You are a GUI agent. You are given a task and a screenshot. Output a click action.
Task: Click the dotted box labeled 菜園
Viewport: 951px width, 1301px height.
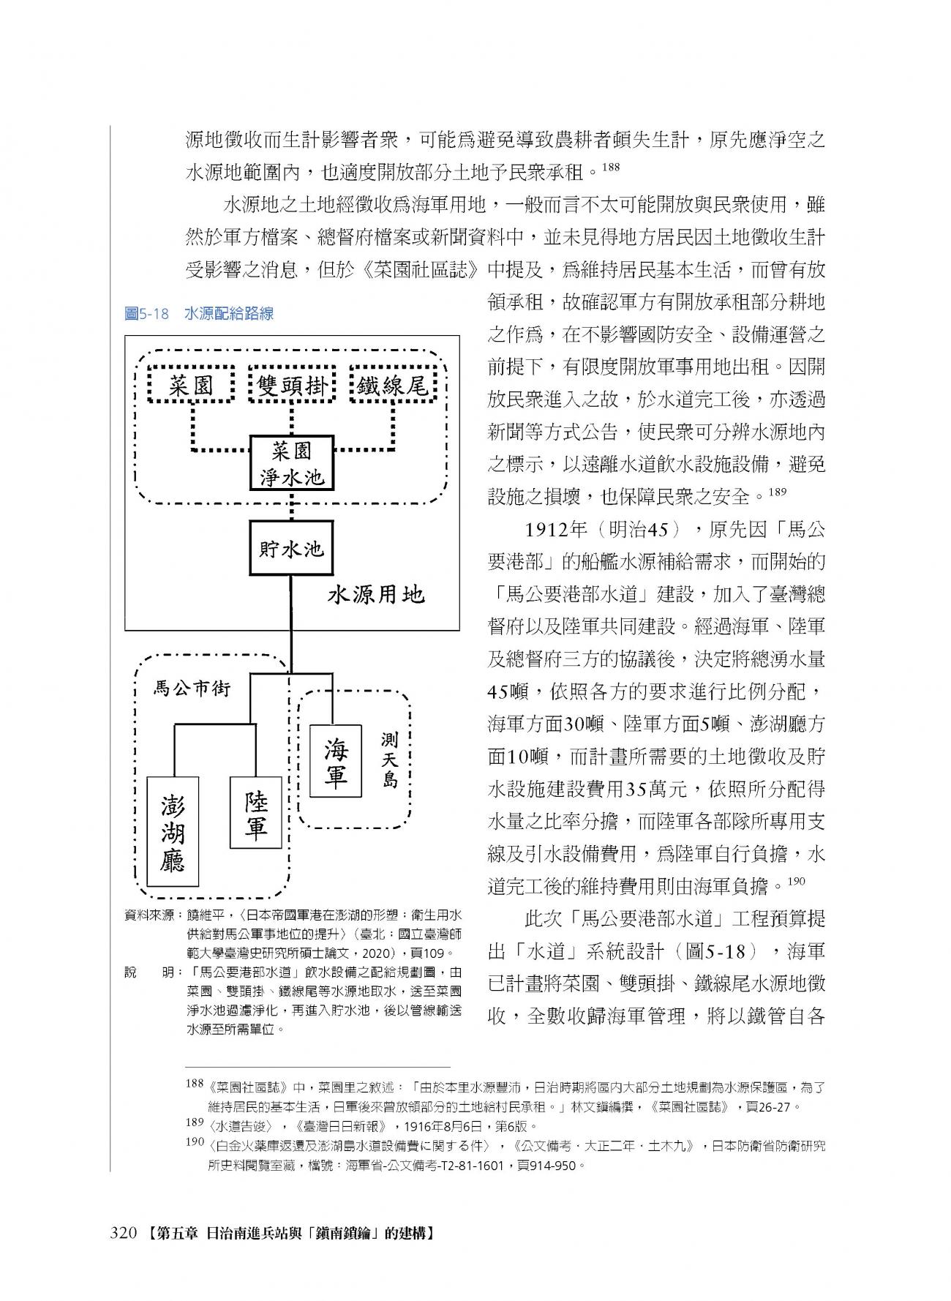point(190,384)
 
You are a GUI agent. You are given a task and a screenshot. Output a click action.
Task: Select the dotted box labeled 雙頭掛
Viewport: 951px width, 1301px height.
point(292,384)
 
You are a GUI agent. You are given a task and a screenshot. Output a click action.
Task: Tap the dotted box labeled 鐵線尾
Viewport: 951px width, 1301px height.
point(394,384)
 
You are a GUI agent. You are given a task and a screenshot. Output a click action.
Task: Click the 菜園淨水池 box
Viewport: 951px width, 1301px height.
point(292,464)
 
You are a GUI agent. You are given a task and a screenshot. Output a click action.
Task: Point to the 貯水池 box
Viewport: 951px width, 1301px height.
point(291,548)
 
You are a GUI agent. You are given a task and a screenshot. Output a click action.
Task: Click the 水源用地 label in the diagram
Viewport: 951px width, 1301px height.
point(376,594)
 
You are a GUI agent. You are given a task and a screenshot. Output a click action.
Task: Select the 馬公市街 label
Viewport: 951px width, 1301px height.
point(192,688)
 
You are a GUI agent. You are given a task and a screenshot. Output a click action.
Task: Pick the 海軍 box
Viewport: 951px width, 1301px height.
point(337,761)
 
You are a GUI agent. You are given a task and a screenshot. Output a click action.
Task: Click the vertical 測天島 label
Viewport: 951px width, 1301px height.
point(389,760)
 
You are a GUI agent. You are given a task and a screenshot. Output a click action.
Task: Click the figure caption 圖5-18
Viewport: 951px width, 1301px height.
point(147,314)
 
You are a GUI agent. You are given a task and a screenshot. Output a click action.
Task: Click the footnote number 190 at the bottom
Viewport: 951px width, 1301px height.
point(195,1141)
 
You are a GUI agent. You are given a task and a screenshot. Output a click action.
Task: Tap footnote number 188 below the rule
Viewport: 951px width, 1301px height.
point(195,1084)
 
